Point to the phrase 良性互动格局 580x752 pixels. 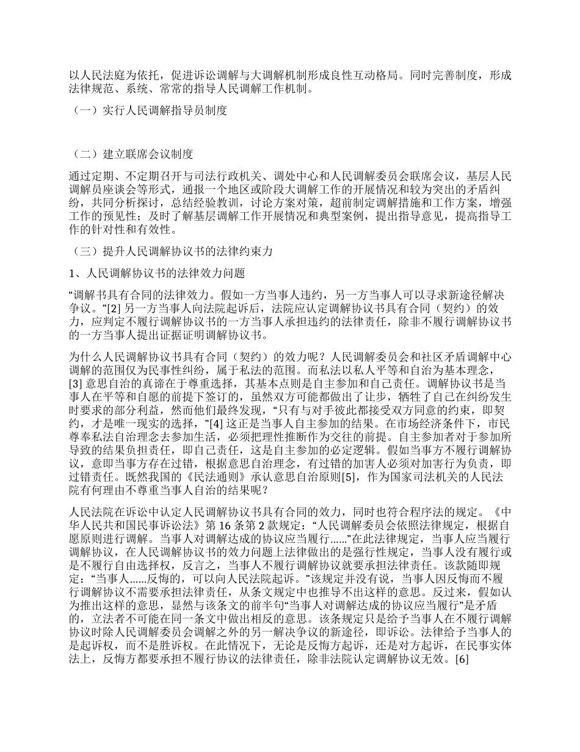(360, 76)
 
